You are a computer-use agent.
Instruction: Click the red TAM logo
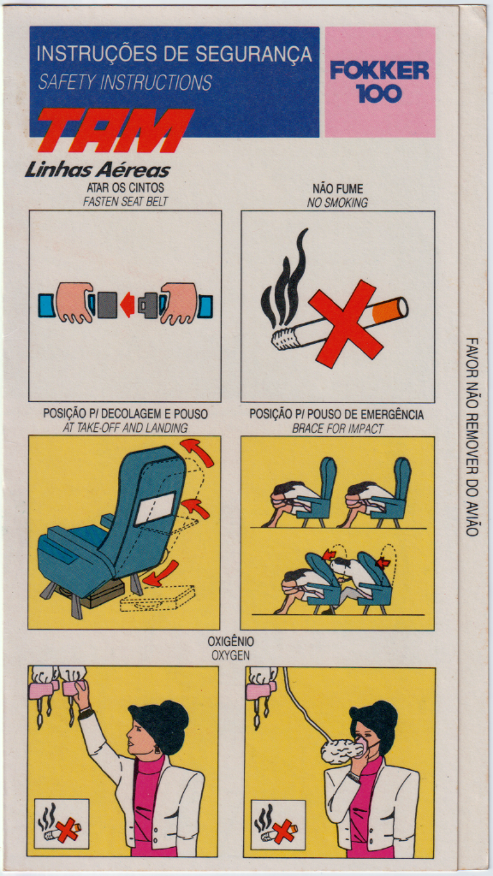point(116,130)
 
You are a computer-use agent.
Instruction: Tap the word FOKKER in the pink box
point(379,70)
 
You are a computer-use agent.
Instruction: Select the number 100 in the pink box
point(379,93)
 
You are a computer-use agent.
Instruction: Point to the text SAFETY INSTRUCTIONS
point(125,83)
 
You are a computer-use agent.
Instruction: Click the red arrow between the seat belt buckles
point(128,305)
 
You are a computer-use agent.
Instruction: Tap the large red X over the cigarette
point(346,323)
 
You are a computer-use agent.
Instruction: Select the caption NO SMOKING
point(337,204)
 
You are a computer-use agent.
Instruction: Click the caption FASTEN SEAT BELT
point(125,202)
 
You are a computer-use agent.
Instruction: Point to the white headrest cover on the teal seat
point(156,508)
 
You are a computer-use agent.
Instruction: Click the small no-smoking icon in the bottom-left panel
point(62,823)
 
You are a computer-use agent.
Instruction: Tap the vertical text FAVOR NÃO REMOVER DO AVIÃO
point(472,436)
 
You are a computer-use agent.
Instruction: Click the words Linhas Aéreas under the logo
point(98,170)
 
